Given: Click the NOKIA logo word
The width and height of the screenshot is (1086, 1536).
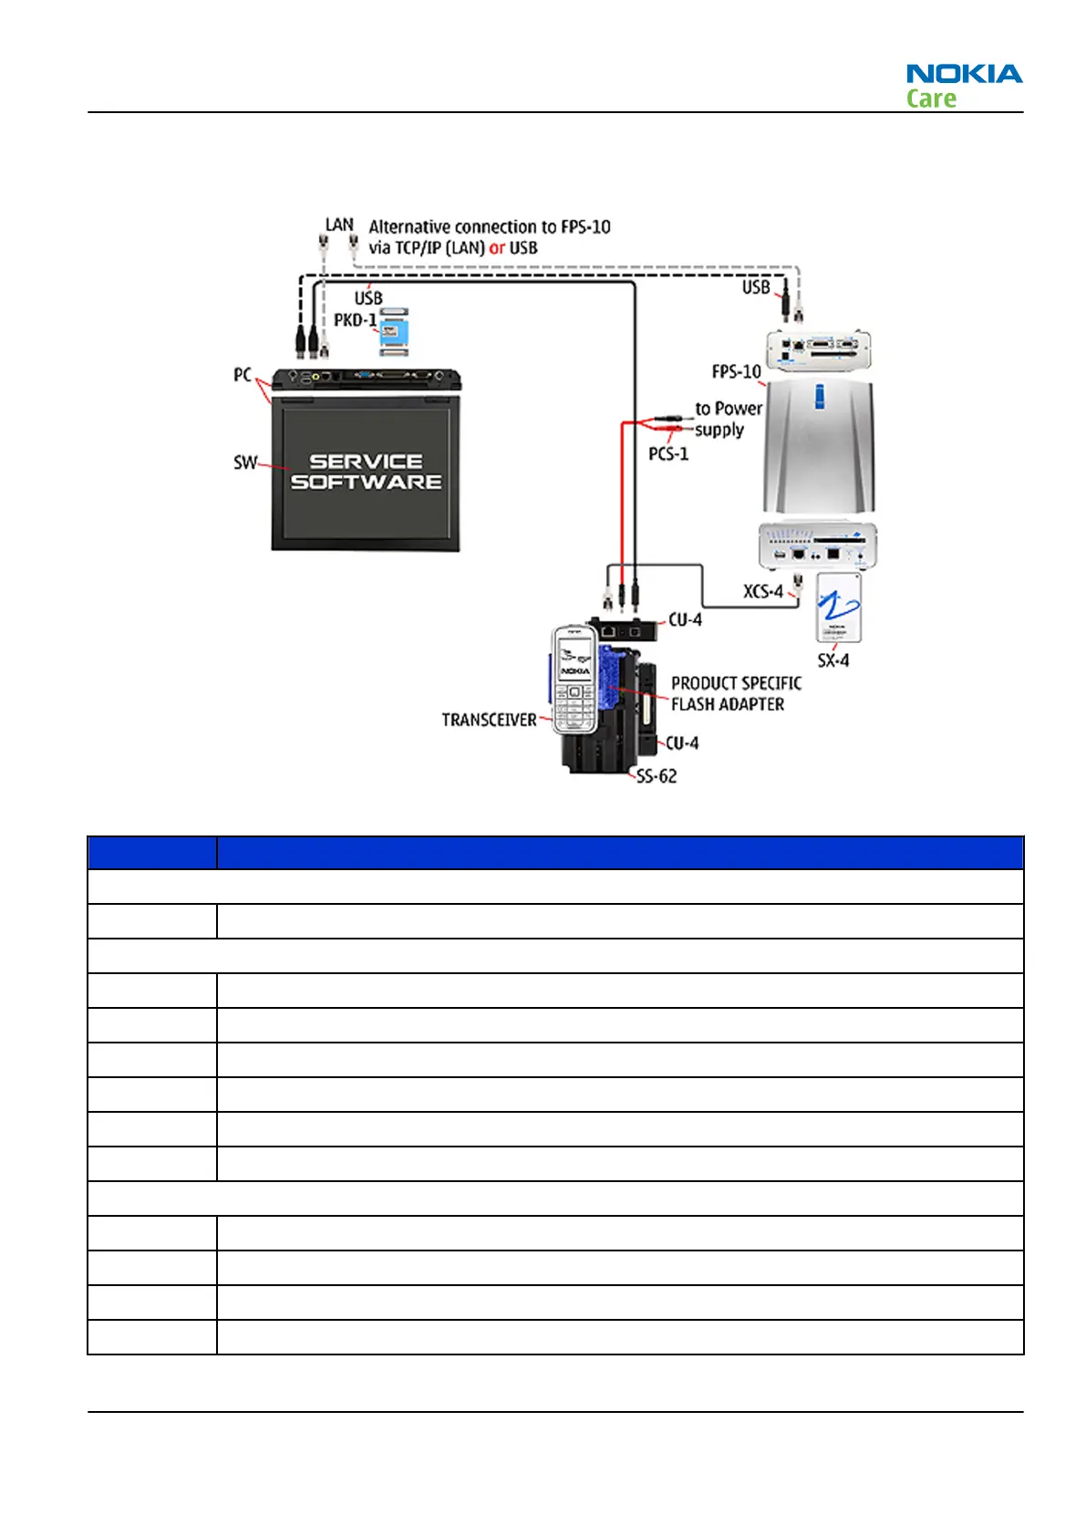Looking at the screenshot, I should pos(964,74).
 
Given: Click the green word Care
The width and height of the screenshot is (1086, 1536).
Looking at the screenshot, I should pos(931,99).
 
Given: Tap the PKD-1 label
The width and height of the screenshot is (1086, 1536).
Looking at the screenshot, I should pos(355,320).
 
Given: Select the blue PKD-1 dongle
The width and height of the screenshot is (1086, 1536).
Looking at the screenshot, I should pos(394,332).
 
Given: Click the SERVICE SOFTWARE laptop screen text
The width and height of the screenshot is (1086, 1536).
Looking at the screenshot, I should pos(366,472).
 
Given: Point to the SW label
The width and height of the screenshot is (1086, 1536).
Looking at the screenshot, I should pos(244,462).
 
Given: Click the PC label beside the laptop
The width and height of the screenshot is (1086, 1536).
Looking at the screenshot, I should pos(242,375).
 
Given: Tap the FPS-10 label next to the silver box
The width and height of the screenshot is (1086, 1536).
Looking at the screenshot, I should pos(736,371).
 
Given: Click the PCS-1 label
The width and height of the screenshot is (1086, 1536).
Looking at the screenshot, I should pos(668,453).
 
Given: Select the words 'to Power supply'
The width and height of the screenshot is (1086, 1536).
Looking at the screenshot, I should pos(727,419).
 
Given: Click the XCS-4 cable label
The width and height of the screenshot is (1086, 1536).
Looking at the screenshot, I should pos(762,591).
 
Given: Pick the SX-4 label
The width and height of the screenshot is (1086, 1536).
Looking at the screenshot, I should pos(833,659).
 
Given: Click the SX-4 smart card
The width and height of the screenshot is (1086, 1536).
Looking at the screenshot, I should pos(838,607).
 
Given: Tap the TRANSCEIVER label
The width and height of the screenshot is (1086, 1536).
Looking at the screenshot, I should pos(489,720).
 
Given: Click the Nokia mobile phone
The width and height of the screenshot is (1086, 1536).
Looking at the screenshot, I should pos(574,680).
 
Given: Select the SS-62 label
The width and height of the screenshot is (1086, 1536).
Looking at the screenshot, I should pos(657,776).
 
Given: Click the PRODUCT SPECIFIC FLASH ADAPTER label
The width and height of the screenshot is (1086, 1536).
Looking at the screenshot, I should pos(736,693).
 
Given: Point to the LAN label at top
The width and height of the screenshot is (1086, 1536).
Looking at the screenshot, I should pos(339,224).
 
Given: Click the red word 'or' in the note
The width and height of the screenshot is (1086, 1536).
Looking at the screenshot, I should pos(497,248).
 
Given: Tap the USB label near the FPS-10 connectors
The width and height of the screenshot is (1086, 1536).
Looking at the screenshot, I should pos(756,287).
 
